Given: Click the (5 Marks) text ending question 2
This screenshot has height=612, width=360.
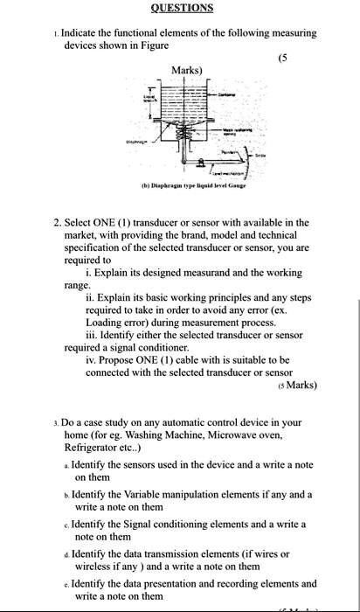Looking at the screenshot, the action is [x=296, y=384].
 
